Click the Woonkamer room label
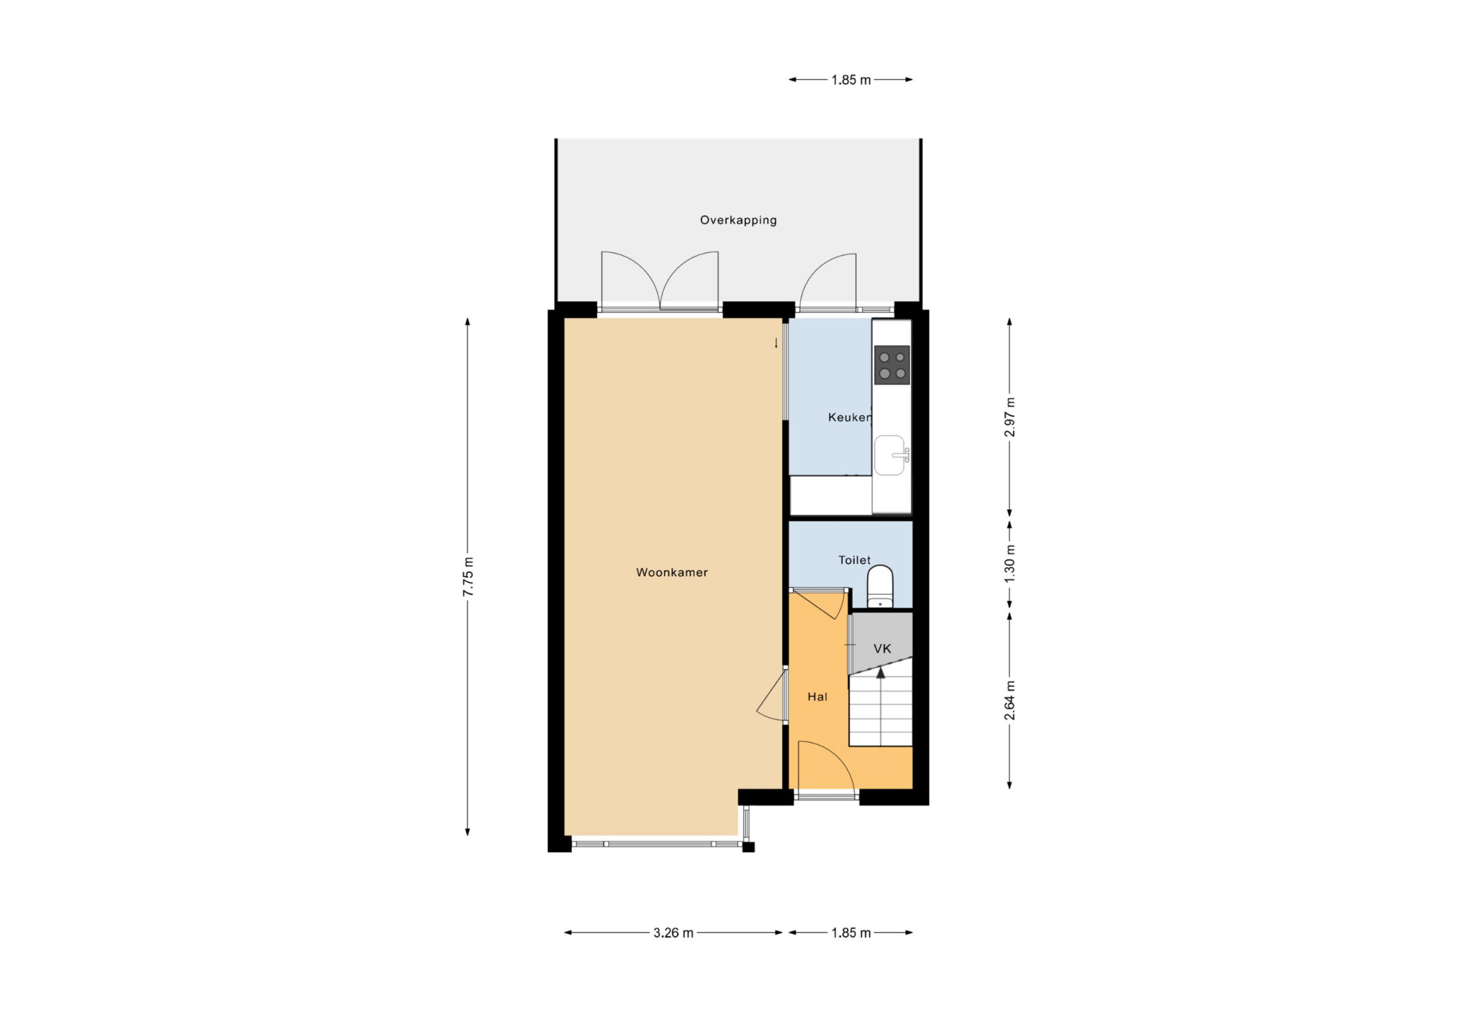coord(672,573)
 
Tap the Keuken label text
coord(850,417)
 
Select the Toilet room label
coord(854,560)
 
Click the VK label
coord(882,649)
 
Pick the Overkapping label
coord(738,220)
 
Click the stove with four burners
coord(891,365)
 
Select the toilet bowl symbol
coord(880,586)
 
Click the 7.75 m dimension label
coord(468,576)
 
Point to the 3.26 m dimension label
coord(673,932)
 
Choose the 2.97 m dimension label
coord(1009,417)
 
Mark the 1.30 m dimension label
coord(1009,563)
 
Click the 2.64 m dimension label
coord(1009,700)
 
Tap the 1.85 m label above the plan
coord(851,80)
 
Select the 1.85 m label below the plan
coord(851,932)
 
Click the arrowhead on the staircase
coord(881,673)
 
